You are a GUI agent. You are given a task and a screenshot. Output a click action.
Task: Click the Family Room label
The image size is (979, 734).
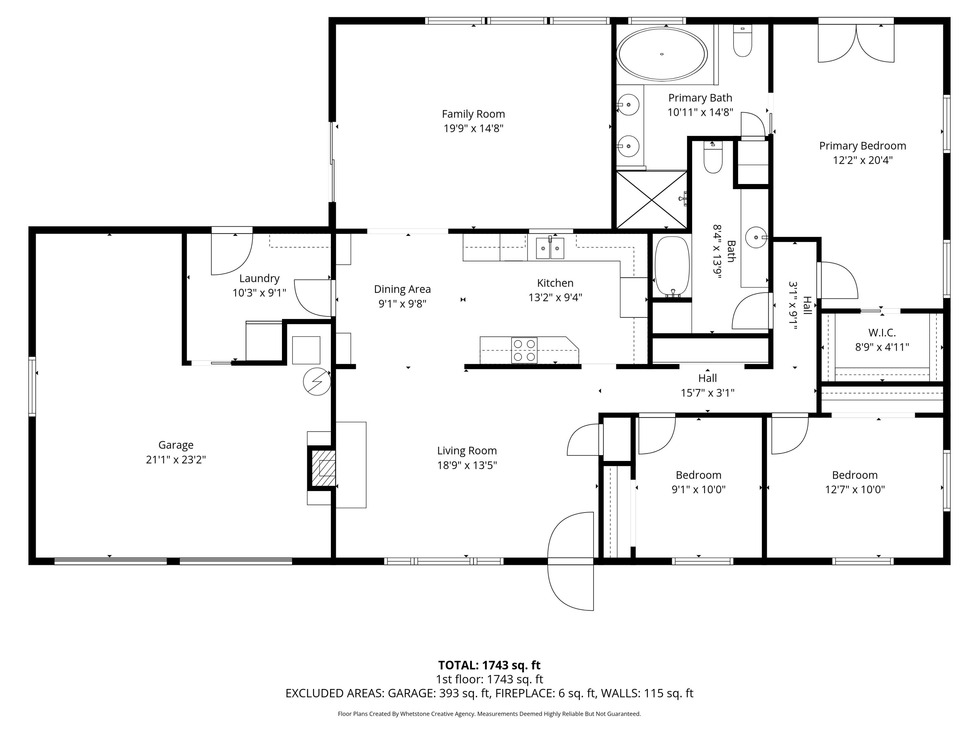[473, 114]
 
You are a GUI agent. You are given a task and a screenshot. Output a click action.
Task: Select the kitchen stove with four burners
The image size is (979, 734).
[524, 350]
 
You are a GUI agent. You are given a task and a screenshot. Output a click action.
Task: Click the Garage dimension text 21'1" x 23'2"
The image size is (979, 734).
[176, 460]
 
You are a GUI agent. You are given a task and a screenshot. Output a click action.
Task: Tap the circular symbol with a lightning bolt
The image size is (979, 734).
[317, 381]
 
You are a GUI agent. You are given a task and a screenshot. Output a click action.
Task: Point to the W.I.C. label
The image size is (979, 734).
[882, 333]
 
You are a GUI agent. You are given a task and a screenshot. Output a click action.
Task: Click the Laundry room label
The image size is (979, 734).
[259, 278]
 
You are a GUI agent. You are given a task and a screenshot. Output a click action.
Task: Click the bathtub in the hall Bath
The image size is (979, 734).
[672, 266]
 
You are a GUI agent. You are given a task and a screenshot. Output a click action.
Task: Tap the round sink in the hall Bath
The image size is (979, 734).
[755, 237]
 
